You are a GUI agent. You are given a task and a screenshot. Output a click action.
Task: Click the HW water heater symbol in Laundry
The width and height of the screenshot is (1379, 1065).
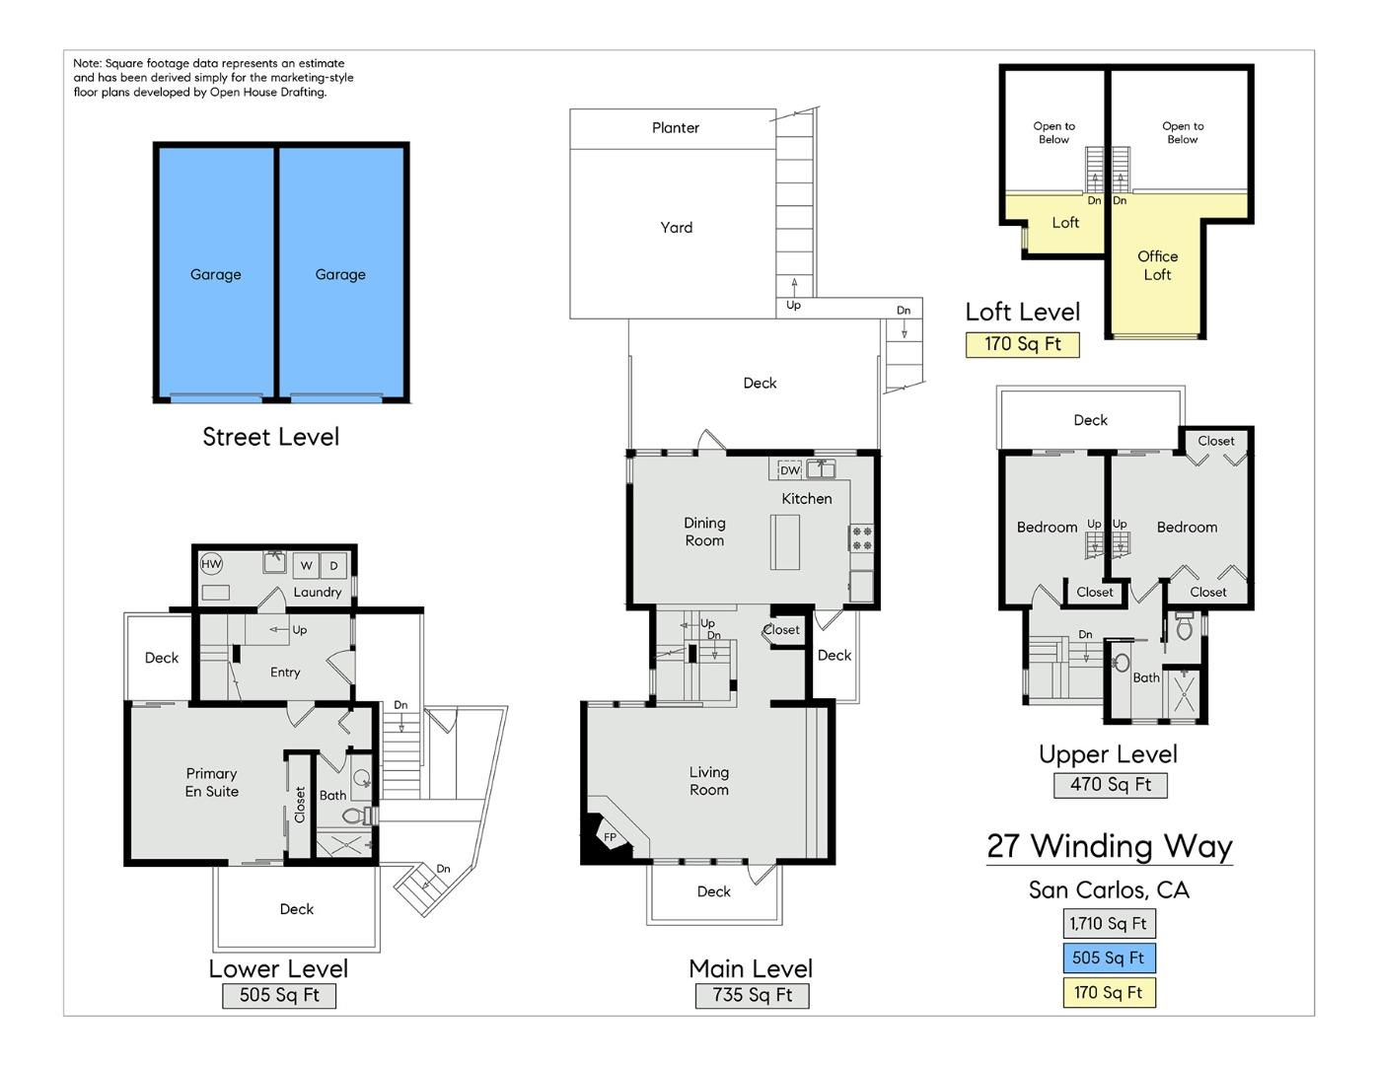pos(211,564)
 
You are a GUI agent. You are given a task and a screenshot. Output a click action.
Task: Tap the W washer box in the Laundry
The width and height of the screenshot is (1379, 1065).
pos(306,565)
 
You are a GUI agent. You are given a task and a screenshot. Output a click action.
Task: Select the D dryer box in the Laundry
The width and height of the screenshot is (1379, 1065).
pos(333,565)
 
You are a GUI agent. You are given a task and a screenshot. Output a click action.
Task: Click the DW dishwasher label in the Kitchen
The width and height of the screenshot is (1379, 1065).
pos(790,470)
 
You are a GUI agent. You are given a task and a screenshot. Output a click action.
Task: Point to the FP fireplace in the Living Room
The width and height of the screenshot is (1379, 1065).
pos(609,838)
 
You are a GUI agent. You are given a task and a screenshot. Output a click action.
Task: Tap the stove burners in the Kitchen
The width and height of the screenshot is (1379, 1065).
pos(861,537)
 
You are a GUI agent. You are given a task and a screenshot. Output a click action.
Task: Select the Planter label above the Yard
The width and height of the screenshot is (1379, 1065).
pos(675,128)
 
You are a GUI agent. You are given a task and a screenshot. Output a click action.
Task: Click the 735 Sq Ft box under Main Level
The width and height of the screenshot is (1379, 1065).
pos(752,995)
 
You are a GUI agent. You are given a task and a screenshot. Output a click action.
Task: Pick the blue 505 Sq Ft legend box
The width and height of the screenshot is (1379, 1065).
pos(1108,958)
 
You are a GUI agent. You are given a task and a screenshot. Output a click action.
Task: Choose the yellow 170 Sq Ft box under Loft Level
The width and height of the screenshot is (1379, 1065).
pos(1022,344)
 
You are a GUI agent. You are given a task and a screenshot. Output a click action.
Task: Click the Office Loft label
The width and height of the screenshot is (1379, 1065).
pos(1157,265)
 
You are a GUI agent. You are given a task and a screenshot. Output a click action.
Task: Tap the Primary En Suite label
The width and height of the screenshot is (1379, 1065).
pos(212,782)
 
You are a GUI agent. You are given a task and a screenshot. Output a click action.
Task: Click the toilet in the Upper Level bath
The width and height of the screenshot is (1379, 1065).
pos(1184,627)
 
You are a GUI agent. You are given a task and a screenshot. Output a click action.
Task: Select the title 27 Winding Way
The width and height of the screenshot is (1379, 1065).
pos(1109,846)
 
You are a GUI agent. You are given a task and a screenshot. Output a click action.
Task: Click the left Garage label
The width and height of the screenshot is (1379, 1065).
pos(215,274)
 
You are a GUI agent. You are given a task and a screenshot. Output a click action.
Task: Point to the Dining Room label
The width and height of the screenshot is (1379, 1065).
pos(704,532)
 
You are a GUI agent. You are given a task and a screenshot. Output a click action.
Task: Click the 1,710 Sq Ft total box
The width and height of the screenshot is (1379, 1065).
pos(1108,923)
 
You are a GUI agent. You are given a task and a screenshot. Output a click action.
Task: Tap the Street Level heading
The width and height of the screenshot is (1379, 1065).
pos(270,437)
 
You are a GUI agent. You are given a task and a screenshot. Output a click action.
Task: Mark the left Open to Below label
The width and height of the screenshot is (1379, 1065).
pos(1053,132)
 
